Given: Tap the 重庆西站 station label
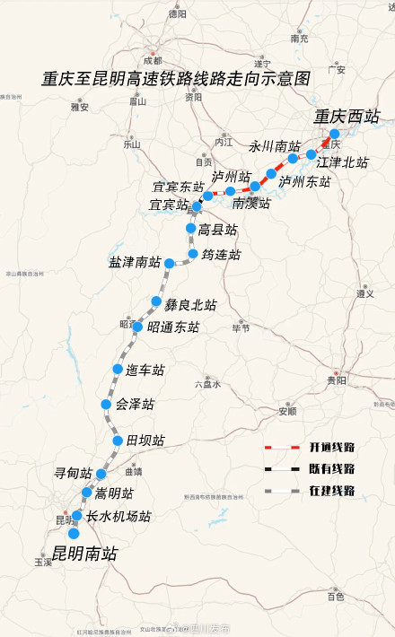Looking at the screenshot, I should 347,116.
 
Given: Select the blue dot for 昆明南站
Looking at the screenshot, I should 74,533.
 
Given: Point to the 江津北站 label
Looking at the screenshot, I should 343,162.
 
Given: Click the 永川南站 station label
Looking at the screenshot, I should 274,146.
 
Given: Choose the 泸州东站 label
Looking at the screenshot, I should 304,181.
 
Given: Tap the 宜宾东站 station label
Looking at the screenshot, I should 178,188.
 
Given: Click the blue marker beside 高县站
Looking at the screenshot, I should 190,230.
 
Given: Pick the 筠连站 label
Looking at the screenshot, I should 221,255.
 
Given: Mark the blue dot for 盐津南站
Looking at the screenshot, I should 169,264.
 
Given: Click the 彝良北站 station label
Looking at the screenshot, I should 190,305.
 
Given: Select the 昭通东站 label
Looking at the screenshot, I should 173,327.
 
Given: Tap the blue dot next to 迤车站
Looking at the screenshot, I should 118,370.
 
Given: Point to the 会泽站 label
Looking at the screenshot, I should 135,405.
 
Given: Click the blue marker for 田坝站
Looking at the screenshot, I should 118,441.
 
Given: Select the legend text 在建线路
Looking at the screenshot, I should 332,491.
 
